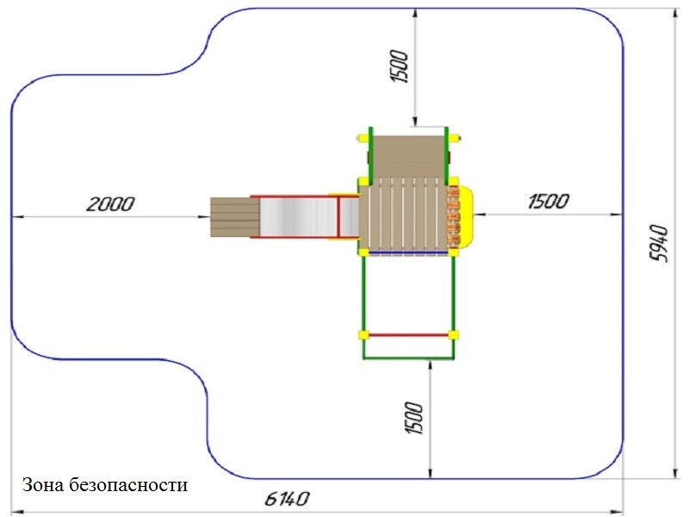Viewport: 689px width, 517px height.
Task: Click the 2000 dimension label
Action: tap(110, 204)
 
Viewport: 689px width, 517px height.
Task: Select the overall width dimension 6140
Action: tap(287, 499)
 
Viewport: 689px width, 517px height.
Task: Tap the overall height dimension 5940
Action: tap(658, 244)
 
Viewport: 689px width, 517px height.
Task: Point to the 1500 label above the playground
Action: tap(400, 66)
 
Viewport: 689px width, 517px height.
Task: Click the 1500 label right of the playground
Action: tap(549, 201)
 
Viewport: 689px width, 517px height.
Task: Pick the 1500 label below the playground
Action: tap(413, 418)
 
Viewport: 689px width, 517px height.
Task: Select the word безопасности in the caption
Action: tap(128, 485)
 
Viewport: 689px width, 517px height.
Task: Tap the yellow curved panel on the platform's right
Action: tap(465, 215)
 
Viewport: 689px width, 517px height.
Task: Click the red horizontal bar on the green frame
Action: tap(408, 335)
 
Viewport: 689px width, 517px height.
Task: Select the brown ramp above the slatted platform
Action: tap(408, 157)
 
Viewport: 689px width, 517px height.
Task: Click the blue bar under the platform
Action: tap(408, 253)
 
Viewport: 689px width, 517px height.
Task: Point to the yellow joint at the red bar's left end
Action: tap(363, 335)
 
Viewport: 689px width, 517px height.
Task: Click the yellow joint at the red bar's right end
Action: tap(454, 335)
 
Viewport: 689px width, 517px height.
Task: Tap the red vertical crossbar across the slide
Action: tap(339, 217)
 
